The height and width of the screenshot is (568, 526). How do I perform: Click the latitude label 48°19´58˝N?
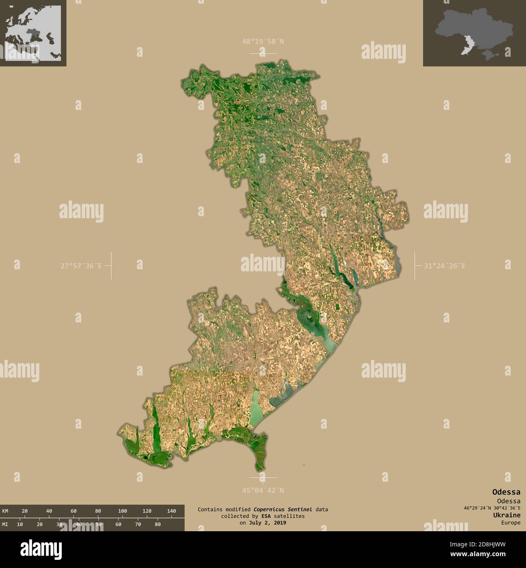[263, 41]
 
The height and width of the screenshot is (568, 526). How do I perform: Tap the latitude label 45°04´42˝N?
[263, 490]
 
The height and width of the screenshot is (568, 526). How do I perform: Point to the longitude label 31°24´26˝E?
[444, 266]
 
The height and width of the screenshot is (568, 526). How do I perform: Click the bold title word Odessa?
[506, 492]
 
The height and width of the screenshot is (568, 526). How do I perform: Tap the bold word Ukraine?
[507, 515]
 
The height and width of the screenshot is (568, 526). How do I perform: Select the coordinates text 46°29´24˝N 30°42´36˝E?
[492, 508]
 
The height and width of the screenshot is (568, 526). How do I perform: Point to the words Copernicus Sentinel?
[283, 510]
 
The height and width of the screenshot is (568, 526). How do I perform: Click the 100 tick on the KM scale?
[122, 511]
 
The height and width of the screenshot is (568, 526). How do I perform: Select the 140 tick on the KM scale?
[171, 511]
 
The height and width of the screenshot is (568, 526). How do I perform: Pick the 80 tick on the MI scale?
[157, 524]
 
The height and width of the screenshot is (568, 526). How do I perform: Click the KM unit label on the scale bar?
[5, 511]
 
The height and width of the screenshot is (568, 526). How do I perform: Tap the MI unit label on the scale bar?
[5, 524]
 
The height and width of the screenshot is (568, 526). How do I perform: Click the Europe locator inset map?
[33, 33]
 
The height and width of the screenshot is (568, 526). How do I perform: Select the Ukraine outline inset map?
[474, 33]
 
